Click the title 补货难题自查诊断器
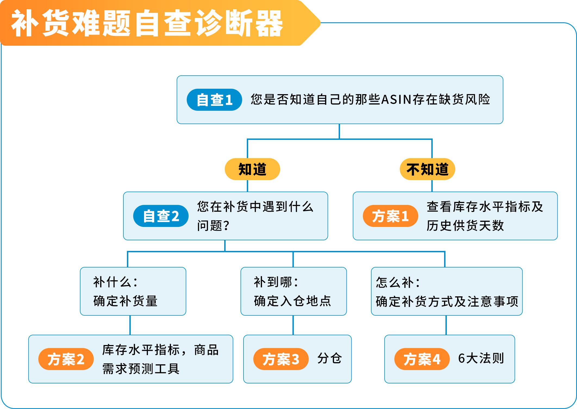(147, 23)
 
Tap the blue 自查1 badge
(214, 100)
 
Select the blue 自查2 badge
(161, 216)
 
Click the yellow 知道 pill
(252, 169)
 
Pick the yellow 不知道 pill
(427, 169)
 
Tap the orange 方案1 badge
(390, 216)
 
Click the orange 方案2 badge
(66, 359)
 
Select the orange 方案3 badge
(281, 359)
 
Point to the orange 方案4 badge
(422, 359)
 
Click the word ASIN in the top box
(397, 100)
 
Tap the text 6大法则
(481, 358)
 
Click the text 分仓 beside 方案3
(329, 358)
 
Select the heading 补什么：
(116, 282)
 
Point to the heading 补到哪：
(276, 282)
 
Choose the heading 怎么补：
(398, 282)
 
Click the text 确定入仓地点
(292, 301)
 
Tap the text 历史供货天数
(465, 226)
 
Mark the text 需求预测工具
(141, 369)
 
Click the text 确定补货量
(125, 301)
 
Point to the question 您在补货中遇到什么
(255, 207)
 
